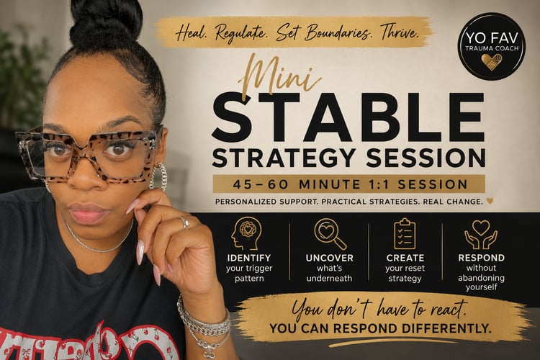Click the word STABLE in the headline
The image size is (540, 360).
[x=348, y=117]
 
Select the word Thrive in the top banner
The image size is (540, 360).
[x=400, y=32]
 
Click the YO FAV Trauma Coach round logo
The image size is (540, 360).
[x=492, y=46]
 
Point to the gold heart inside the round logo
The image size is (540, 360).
[x=492, y=62]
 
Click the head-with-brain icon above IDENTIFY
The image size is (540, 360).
[x=246, y=233]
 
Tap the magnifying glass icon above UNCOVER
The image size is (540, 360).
[x=330, y=233]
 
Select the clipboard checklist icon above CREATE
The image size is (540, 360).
[x=405, y=233]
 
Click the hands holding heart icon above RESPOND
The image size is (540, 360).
[x=481, y=234]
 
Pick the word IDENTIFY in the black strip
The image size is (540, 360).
[x=249, y=258]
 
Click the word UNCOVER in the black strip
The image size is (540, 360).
[x=330, y=258]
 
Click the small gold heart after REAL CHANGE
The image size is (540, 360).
[x=490, y=200]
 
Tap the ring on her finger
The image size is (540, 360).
[x=184, y=222]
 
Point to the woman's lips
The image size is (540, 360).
[x=89, y=212]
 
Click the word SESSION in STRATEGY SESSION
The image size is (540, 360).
[x=426, y=158]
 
